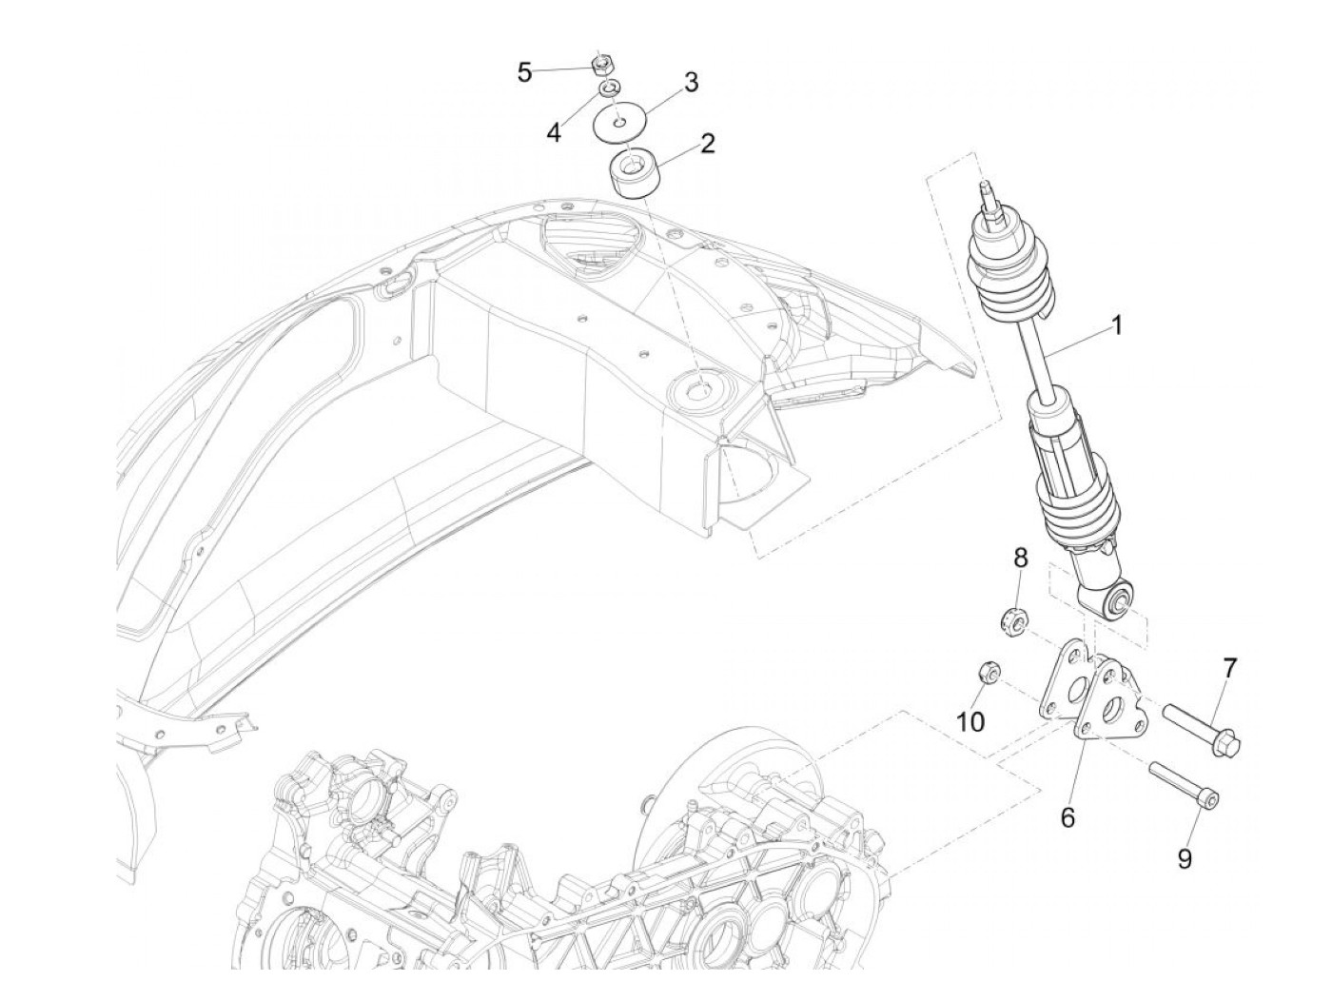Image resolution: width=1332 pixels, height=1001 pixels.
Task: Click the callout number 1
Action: tap(1117, 326)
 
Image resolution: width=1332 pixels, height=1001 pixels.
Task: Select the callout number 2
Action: tap(707, 144)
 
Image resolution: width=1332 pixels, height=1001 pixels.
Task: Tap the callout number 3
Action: tap(691, 83)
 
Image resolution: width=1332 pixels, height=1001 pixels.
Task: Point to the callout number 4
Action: tap(554, 132)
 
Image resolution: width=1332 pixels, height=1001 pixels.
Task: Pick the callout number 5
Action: tap(524, 72)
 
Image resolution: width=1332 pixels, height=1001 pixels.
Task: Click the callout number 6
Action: tap(1068, 816)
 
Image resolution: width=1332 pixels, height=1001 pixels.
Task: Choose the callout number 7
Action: tap(1229, 668)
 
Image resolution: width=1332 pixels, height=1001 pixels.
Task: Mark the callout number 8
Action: tap(1019, 557)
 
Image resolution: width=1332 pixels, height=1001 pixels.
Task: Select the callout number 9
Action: tap(1185, 859)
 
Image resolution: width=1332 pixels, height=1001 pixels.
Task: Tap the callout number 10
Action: tap(970, 722)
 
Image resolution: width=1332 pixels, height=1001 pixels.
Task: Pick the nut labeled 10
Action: tap(987, 675)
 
